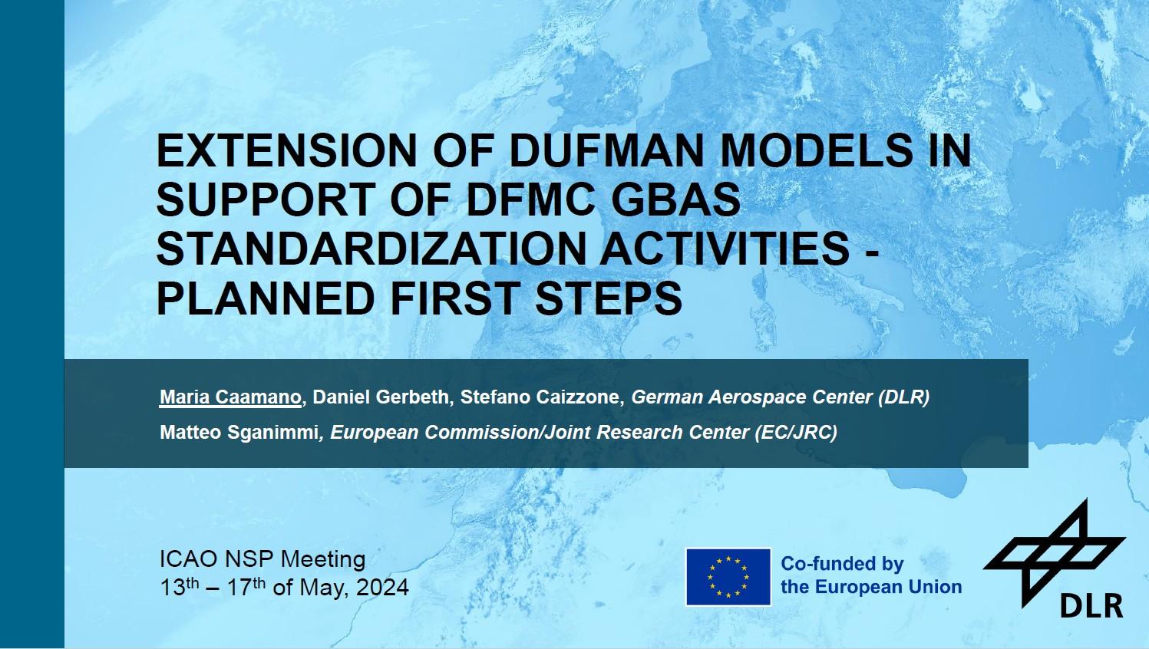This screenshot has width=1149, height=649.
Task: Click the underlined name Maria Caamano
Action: (x=230, y=397)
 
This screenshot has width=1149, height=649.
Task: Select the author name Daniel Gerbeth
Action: (x=380, y=397)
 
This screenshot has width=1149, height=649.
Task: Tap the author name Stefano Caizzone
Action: (x=540, y=397)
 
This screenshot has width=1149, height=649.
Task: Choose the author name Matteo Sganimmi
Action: (x=239, y=432)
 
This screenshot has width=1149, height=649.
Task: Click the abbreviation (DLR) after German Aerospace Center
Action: (x=903, y=397)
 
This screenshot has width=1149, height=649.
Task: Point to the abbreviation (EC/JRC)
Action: (x=796, y=433)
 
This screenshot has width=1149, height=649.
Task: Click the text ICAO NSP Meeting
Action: (x=262, y=558)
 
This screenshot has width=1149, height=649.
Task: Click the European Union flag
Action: (x=728, y=577)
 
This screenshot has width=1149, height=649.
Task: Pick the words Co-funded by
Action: (x=842, y=564)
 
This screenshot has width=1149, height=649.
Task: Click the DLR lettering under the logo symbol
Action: (x=1091, y=607)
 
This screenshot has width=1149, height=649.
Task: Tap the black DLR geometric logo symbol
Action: (x=1055, y=551)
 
